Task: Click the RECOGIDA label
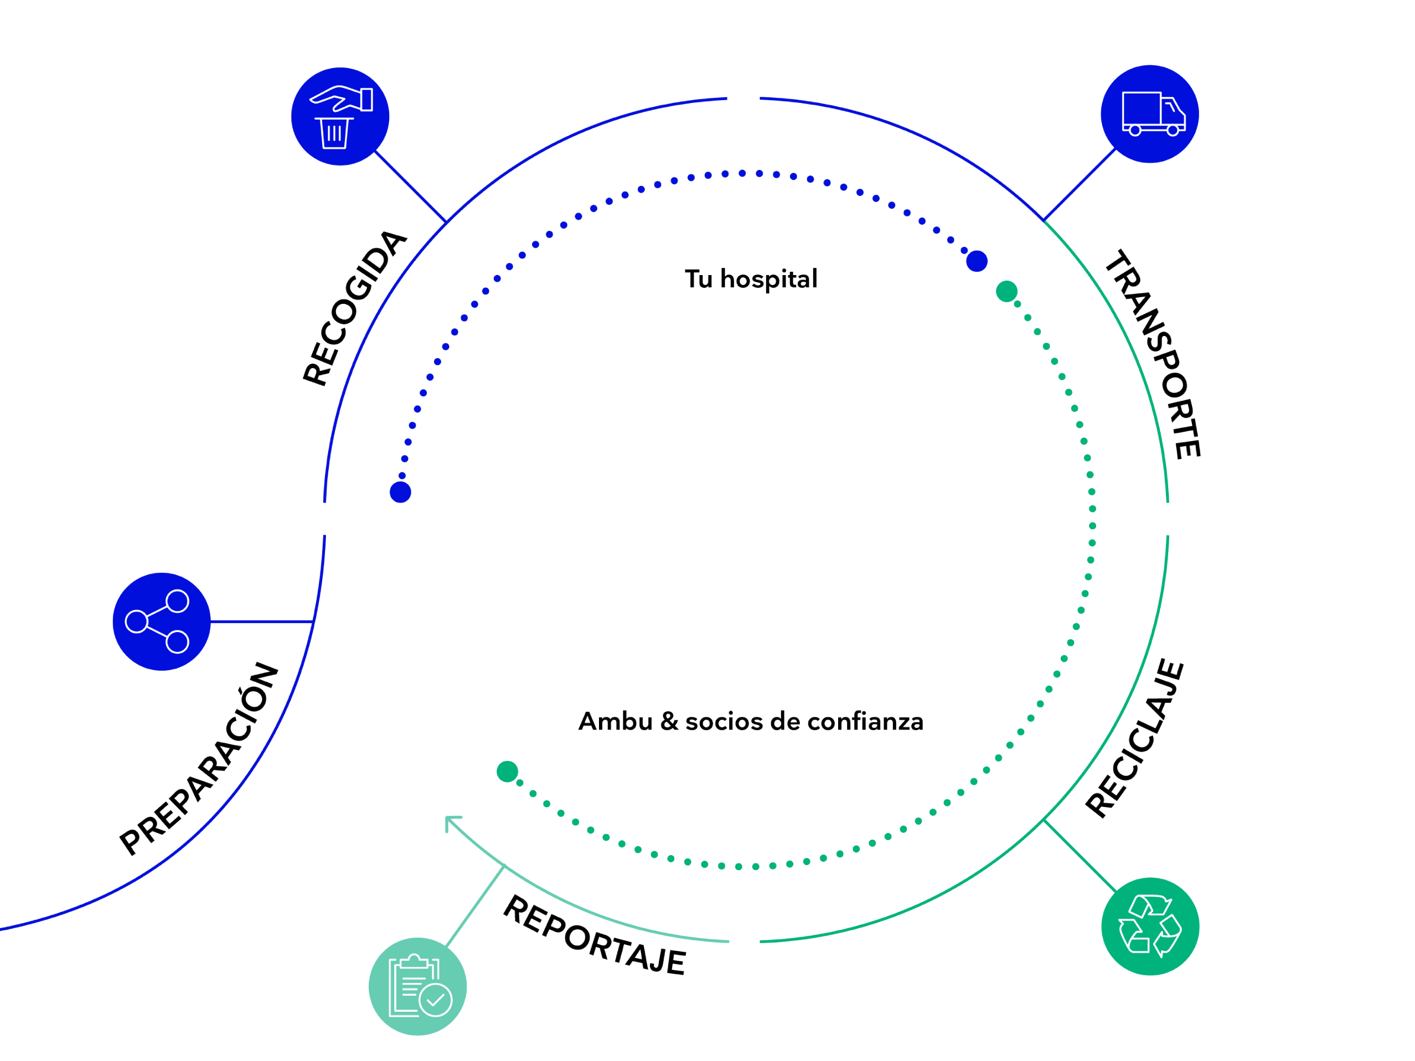tap(354, 308)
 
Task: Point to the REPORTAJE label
tap(594, 935)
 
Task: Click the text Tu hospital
tap(750, 280)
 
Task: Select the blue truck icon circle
tap(1149, 115)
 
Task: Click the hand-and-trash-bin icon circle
tap(340, 116)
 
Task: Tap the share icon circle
tap(161, 622)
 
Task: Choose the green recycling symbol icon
tap(1149, 927)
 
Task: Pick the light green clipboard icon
tap(417, 986)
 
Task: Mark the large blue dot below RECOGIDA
tap(400, 493)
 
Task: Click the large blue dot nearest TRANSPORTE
tap(976, 261)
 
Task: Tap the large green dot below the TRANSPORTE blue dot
tap(1006, 292)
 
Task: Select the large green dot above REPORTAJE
tap(507, 772)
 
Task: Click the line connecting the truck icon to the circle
tap(1079, 185)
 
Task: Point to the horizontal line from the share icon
tap(261, 621)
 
